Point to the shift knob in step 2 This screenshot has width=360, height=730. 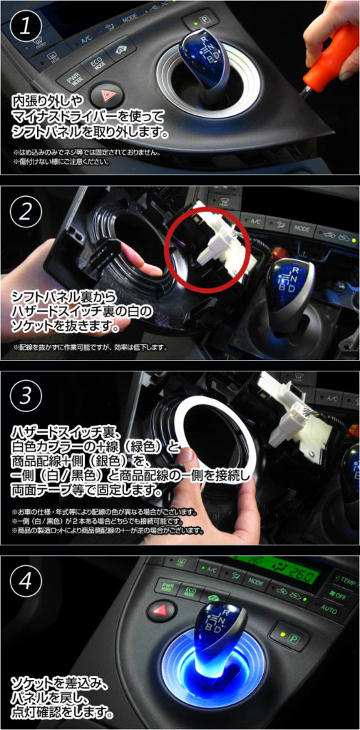(289, 289)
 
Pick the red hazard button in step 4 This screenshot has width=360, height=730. (162, 610)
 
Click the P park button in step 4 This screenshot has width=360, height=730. (289, 636)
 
